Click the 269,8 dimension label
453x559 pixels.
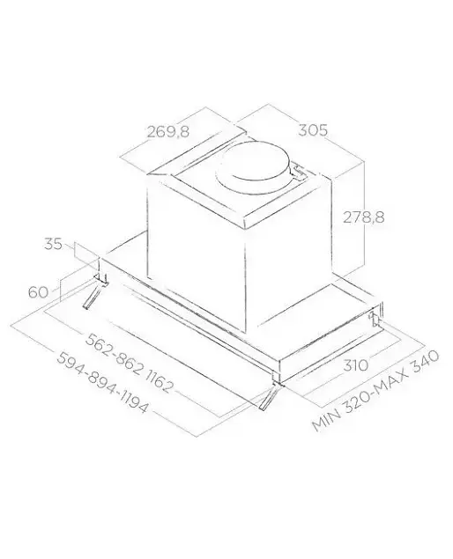click(x=168, y=132)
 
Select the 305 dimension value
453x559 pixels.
click(x=313, y=130)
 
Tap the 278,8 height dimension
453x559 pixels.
click(x=364, y=217)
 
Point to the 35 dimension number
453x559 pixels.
click(x=53, y=244)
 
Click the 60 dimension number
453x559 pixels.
click(x=38, y=292)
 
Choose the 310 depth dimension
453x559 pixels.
click(x=355, y=364)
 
